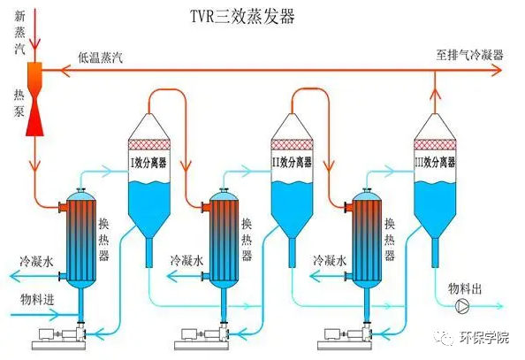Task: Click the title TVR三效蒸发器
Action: [242, 16]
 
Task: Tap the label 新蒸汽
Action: [19, 33]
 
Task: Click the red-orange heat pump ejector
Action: [34, 99]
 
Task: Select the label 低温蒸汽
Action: [101, 57]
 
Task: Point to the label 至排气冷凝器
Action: [469, 55]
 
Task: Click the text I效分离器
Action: [148, 163]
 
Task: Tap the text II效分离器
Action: [292, 163]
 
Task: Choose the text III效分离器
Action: [435, 163]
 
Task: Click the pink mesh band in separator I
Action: [149, 144]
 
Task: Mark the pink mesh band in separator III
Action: [435, 144]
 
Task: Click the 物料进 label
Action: [37, 299]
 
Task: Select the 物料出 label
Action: [465, 288]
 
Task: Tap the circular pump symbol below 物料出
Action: [464, 306]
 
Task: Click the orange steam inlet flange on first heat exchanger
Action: [63, 207]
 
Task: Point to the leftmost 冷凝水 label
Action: [36, 261]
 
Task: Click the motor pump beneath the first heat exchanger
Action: [59, 336]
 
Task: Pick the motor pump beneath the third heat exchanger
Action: [346, 336]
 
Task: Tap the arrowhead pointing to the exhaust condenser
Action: [497, 71]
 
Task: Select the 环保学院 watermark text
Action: [484, 337]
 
